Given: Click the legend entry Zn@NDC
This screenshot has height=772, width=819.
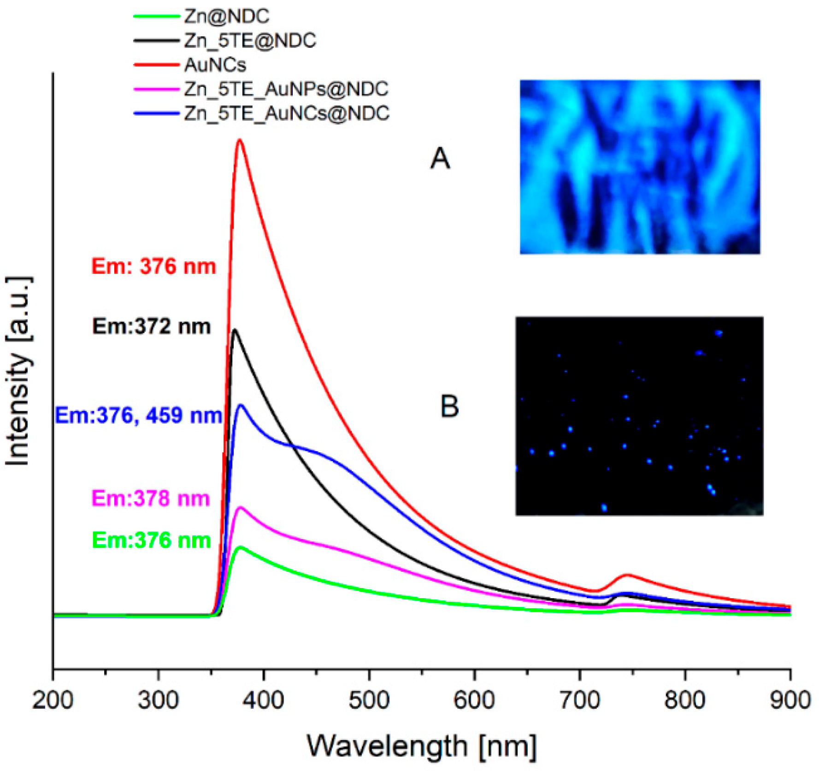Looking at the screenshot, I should (226, 17).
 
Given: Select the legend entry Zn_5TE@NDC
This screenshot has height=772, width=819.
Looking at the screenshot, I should (250, 41).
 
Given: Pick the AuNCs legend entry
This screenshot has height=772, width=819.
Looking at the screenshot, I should (215, 65).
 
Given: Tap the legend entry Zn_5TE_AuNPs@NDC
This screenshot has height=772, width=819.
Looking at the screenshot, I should (286, 89).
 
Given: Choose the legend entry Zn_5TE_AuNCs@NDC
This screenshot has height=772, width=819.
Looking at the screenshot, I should (286, 113).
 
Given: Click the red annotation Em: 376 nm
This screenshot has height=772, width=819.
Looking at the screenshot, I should (153, 267).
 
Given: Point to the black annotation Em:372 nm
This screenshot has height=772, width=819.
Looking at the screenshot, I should (151, 327).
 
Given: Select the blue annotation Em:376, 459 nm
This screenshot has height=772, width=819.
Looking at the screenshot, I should (138, 416).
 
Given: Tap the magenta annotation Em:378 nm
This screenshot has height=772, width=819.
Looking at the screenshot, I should (151, 499).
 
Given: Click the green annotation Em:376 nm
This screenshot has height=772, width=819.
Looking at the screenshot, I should (152, 540).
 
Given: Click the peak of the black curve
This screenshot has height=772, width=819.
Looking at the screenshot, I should (235, 330).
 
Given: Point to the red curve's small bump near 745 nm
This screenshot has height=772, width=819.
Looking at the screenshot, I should (627, 575).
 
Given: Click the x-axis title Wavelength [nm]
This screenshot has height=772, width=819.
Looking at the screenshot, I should (421, 746).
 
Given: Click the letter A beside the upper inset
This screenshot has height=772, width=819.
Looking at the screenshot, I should (440, 159).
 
